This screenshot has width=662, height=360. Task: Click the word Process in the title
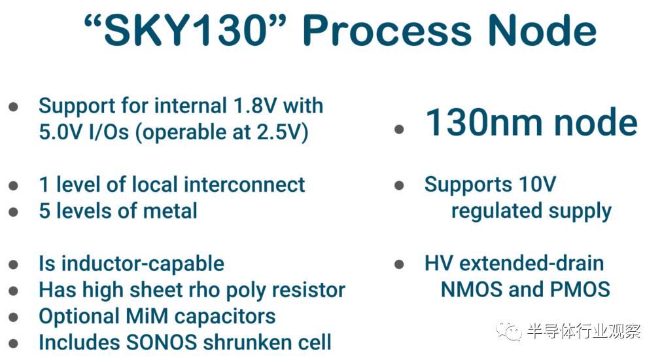tap(387, 30)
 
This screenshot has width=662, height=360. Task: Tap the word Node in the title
tap(542, 30)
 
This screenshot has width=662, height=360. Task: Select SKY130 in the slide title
tap(185, 30)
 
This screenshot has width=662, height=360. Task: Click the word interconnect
tap(244, 185)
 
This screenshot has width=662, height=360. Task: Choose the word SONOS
tap(162, 343)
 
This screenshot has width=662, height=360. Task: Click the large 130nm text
tap(484, 122)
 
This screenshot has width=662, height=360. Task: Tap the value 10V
tap(538, 185)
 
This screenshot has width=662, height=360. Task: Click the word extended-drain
tap(532, 264)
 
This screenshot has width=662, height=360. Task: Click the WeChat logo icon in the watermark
tap(510, 331)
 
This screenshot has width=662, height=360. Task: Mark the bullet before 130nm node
tap(400, 129)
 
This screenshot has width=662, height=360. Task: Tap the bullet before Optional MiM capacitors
tap(14, 317)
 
